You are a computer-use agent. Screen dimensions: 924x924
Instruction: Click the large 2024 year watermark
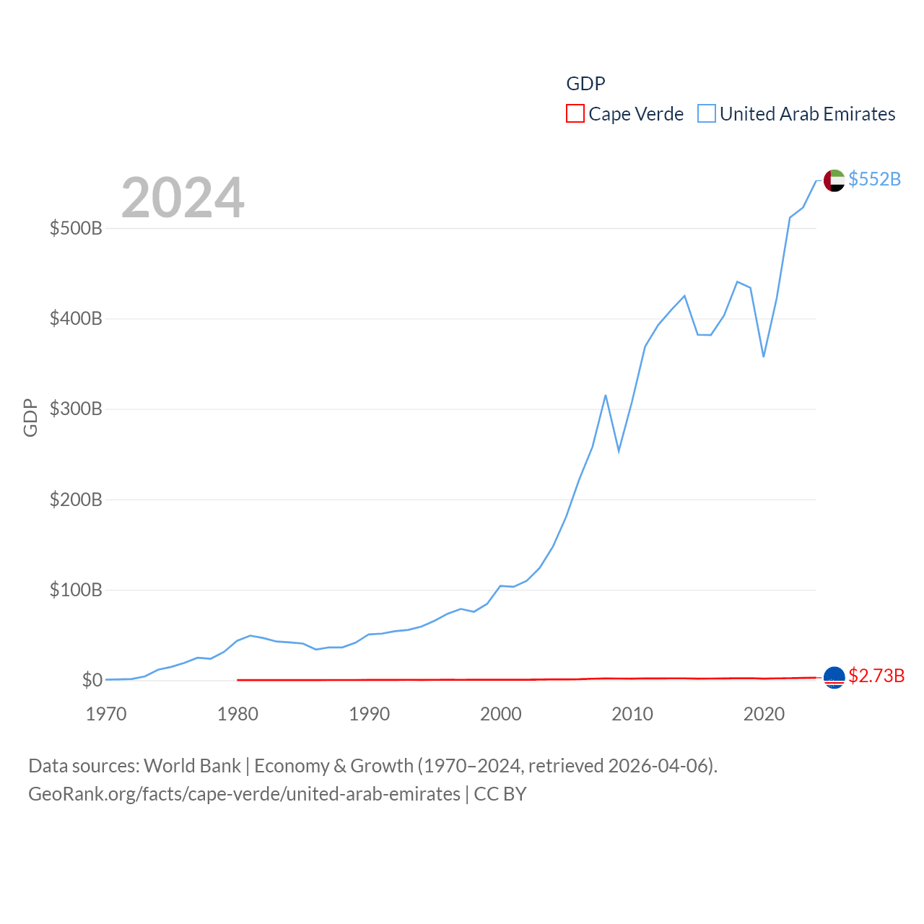coord(183,198)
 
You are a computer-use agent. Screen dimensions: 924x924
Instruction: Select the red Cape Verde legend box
coord(575,114)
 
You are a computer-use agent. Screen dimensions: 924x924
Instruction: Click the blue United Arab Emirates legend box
coord(706,114)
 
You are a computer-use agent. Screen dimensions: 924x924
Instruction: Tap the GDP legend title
coord(585,84)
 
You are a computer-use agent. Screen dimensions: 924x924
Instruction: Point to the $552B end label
coord(874,179)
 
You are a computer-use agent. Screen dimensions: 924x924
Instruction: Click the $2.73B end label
coord(876,676)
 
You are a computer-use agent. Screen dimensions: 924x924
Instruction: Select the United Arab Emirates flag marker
coord(834,180)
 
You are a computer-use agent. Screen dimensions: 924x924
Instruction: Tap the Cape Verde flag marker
coord(834,677)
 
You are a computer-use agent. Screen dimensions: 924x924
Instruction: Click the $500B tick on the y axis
coord(76,229)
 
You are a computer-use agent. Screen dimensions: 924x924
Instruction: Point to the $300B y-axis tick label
coord(76,409)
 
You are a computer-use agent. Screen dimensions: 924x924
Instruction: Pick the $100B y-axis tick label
coord(76,590)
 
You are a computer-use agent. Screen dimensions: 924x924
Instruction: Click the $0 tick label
coord(92,681)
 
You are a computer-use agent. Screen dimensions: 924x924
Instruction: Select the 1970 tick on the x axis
coord(106,714)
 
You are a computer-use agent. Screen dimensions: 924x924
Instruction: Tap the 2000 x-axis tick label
coord(500,714)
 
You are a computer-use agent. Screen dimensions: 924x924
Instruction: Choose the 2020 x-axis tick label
coord(764,714)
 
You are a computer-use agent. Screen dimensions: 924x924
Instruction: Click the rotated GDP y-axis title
coord(30,417)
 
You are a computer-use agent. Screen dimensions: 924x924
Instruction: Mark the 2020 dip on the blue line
coord(763,356)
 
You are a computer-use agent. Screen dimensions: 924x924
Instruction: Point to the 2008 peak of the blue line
coord(606,396)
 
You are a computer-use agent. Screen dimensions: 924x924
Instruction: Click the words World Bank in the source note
coord(192,765)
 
